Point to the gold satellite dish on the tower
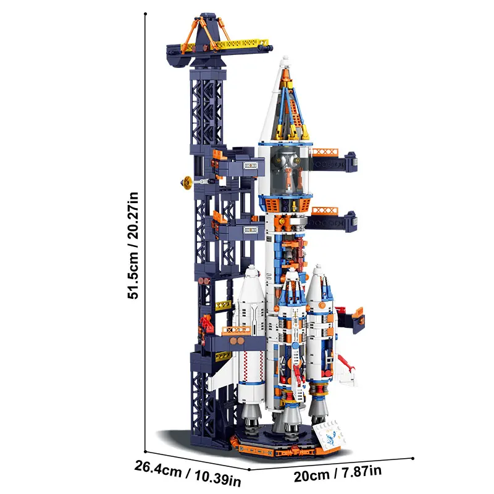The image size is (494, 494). coord(185,182)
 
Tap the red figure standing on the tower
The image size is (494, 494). coord(206,324)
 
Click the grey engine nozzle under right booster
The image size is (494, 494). coord(319,408)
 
